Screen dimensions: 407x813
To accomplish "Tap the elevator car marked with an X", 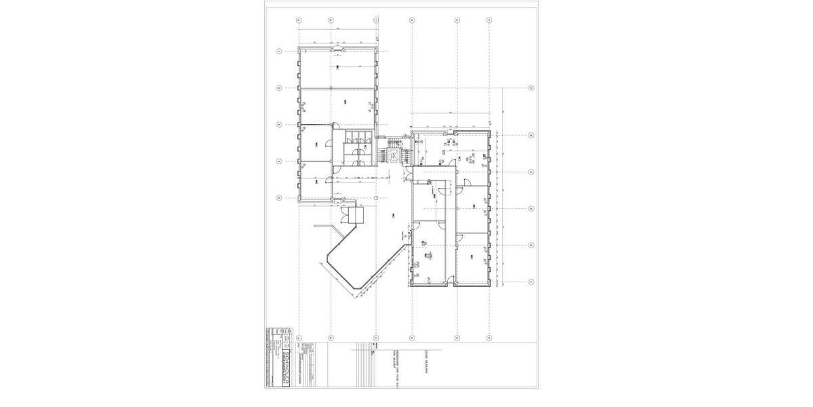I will point(393,155).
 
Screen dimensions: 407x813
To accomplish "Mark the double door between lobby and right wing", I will point(408,237).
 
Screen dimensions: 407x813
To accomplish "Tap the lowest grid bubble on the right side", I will point(531,281).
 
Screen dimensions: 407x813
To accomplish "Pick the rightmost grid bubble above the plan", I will point(489,20).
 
